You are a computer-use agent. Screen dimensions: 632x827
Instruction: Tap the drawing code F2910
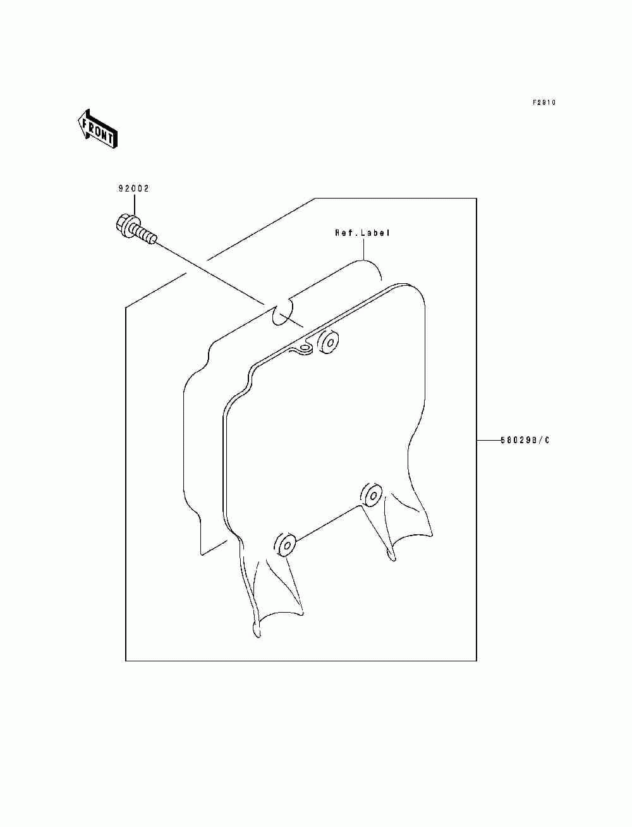click(544, 102)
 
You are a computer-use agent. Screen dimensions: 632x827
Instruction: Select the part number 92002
click(133, 188)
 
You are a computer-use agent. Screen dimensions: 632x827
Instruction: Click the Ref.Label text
click(362, 233)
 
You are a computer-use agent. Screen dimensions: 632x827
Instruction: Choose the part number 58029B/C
click(525, 440)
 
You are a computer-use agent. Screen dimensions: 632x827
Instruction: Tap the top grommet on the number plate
click(329, 342)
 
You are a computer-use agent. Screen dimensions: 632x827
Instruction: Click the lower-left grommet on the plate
click(286, 544)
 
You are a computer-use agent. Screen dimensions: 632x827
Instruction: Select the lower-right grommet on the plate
click(372, 495)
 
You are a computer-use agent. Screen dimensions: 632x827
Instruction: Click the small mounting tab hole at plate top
click(305, 348)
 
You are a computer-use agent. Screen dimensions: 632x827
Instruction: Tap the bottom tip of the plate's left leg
click(255, 629)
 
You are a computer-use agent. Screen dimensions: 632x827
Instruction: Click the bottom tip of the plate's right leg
click(392, 556)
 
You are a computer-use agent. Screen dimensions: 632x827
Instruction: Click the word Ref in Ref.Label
click(342, 233)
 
